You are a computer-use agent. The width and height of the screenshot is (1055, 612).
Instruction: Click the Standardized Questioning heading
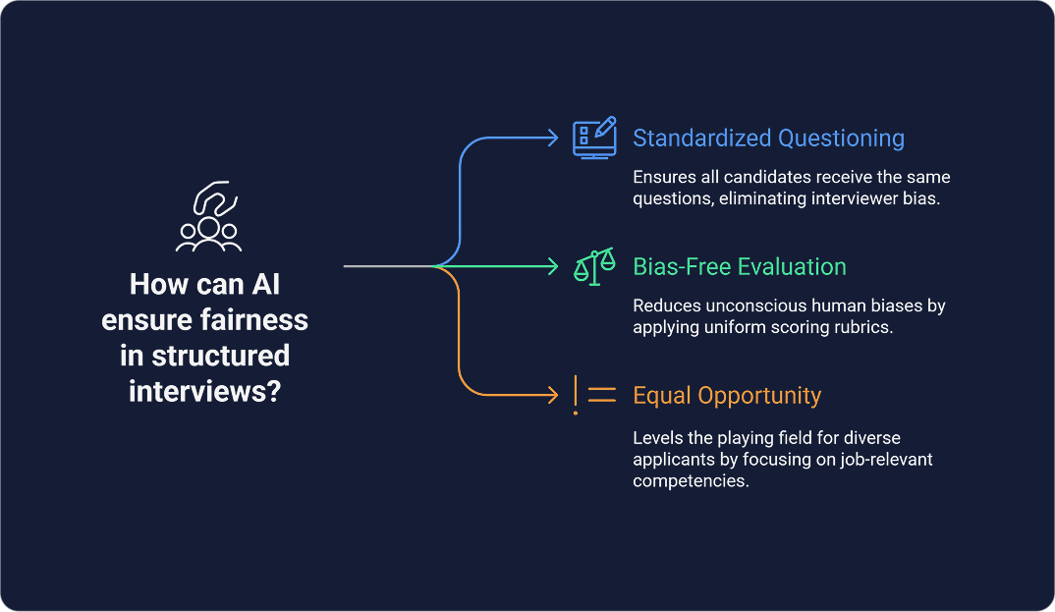coord(768,139)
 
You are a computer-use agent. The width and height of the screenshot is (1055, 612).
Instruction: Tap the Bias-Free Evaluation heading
coord(739,266)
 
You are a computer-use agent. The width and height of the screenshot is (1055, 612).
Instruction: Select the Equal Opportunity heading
coord(727,396)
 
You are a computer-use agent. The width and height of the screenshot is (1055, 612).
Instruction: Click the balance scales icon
coord(594,265)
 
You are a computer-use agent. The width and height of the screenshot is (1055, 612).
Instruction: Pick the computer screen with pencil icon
coord(594,138)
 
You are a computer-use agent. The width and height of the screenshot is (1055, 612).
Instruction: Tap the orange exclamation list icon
coord(594,395)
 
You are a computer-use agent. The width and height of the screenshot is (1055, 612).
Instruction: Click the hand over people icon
coord(208,217)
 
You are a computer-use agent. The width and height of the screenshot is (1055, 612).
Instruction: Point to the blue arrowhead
coord(553,138)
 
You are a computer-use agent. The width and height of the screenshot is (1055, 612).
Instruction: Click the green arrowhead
coord(553,266)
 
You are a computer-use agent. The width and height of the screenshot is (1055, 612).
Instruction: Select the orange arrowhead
coord(553,395)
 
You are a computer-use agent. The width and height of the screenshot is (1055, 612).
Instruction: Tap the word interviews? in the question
coord(204,390)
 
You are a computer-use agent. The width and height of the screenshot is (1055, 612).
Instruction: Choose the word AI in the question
coord(265,286)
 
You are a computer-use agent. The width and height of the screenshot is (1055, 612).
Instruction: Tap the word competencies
coord(692,480)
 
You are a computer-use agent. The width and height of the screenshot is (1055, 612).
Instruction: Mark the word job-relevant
coord(882,459)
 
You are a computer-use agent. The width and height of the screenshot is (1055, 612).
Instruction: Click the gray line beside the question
coord(388,266)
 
